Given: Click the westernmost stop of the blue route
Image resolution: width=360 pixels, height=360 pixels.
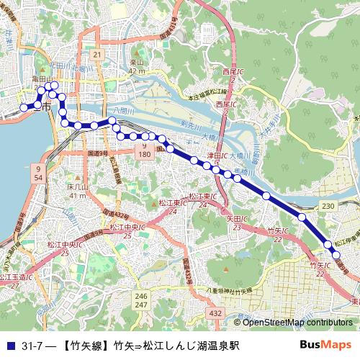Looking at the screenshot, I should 24,107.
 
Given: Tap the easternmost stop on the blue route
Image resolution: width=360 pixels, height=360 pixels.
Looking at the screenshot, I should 335,254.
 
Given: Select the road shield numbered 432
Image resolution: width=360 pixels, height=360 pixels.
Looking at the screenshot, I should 215,313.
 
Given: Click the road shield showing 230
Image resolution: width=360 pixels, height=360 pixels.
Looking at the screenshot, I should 329,207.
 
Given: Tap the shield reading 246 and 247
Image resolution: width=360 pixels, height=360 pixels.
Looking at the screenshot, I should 141,301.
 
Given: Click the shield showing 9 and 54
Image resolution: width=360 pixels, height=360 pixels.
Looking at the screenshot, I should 37,172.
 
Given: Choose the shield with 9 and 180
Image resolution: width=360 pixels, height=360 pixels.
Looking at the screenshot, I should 144,150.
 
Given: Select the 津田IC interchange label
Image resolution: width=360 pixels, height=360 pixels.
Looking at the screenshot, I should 218,155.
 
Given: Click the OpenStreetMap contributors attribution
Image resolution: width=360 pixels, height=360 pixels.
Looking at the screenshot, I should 292,323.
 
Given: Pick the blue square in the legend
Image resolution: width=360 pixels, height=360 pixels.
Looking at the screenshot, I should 9,345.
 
